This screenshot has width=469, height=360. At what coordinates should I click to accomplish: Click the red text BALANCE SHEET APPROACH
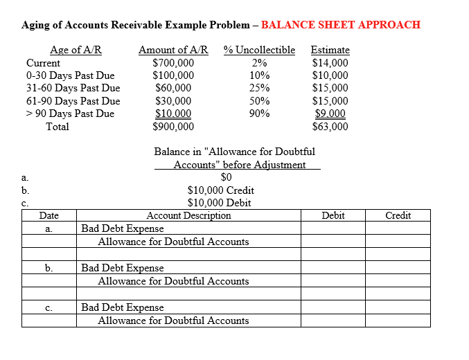coord(340,25)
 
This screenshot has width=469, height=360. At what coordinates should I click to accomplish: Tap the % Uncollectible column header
coord(259,50)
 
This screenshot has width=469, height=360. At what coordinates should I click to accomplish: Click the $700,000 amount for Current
coord(173,63)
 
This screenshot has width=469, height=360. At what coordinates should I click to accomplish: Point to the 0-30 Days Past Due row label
coord(70,75)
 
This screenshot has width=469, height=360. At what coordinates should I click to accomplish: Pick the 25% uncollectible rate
coord(260,88)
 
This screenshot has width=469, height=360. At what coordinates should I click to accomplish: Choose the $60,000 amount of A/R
coord(173,88)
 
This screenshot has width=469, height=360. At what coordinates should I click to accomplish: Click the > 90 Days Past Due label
coord(70,114)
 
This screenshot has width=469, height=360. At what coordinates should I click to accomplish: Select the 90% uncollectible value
coord(260,114)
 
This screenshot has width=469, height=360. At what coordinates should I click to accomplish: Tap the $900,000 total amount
coord(173,127)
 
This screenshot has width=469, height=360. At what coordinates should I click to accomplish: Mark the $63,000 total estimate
coord(330,127)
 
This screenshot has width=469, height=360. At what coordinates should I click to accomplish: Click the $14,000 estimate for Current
coord(330,63)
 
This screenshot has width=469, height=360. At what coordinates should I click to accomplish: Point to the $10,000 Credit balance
coord(221,190)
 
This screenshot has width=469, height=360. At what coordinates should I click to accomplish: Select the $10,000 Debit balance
coord(220,203)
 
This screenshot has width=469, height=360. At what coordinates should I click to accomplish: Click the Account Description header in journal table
coord(188,215)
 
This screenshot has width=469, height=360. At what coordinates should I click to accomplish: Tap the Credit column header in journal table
coord(398,215)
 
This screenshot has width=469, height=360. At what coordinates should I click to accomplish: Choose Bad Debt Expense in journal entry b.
coord(123,268)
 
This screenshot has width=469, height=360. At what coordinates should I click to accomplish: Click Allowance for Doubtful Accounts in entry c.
coord(173,321)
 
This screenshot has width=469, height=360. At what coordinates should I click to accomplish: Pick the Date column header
coord(49,215)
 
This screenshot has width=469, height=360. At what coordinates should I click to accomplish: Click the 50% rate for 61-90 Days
coord(260,101)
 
